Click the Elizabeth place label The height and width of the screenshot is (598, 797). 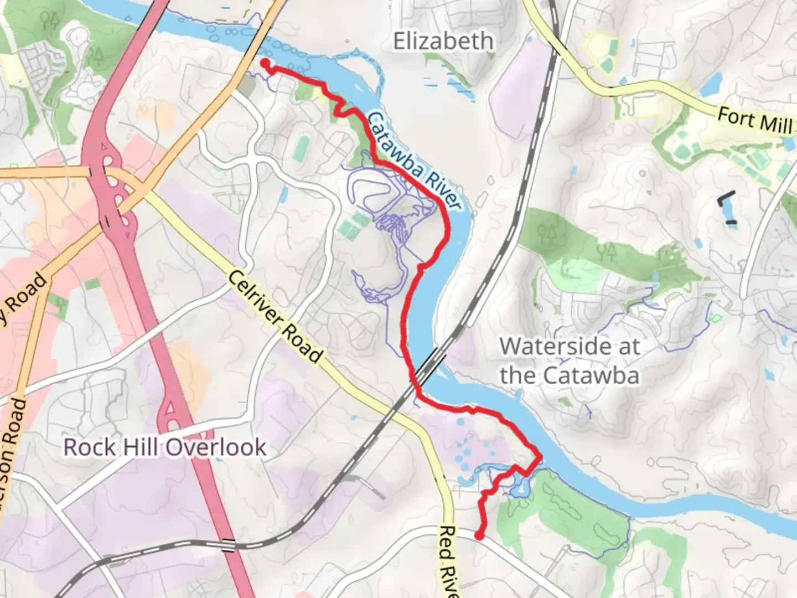click(443, 42)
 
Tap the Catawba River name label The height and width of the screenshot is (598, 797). click(414, 161)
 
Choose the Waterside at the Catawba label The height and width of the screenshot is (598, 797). click(570, 361)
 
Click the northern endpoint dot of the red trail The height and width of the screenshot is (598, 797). click(265, 63)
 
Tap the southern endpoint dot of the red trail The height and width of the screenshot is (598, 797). click(479, 535)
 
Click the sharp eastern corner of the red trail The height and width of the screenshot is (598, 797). click(540, 457)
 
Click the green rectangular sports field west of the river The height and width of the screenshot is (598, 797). click(301, 149)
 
